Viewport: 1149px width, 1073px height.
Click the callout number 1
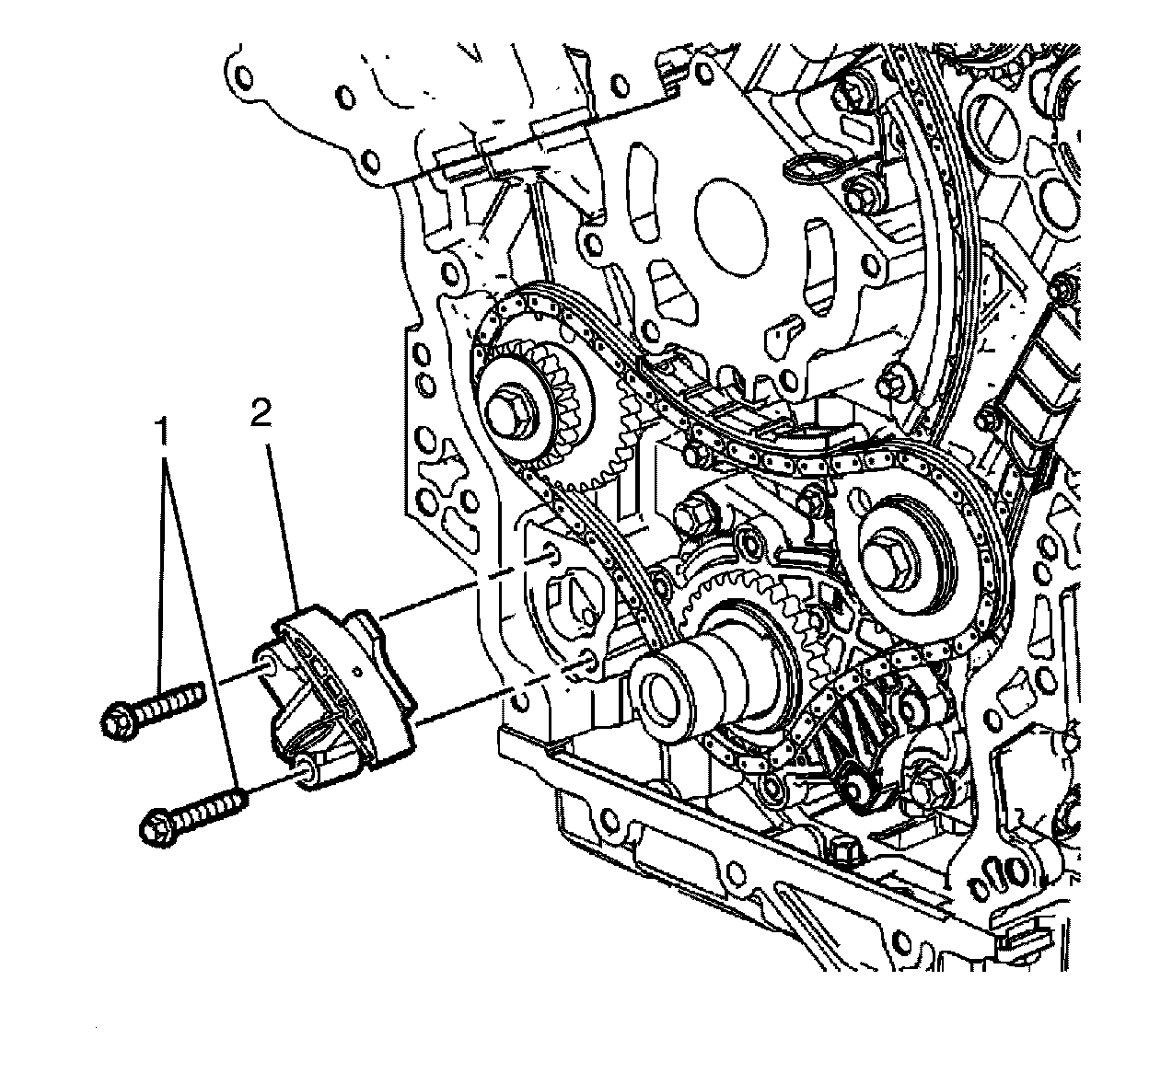(165, 431)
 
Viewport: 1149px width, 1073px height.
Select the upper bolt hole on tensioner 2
(263, 663)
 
